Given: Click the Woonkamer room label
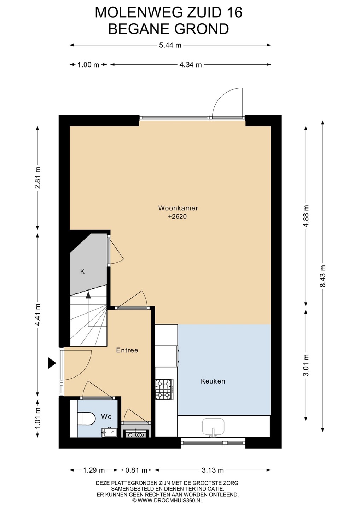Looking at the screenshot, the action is tap(178, 208).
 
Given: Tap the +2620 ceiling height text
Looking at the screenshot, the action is tap(177, 217).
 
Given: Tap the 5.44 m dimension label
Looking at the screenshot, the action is tap(170, 46).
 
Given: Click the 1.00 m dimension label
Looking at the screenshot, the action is tap(88, 65).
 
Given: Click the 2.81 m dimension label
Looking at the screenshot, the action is tap(38, 178).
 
